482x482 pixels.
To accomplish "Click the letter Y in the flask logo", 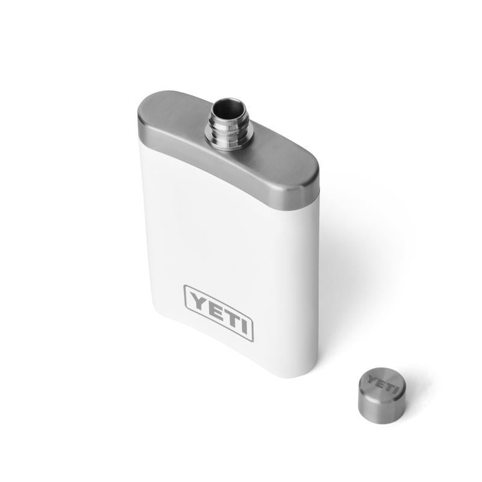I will pos(198,299).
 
